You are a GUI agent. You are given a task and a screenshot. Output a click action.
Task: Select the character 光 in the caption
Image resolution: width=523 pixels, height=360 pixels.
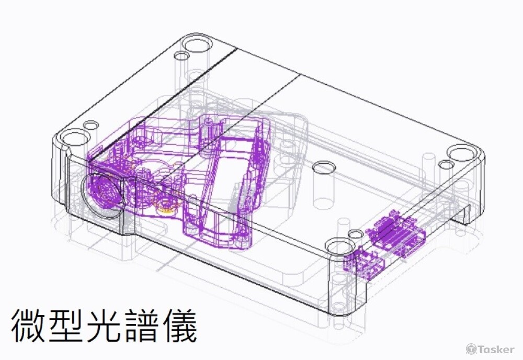(x=104, y=325)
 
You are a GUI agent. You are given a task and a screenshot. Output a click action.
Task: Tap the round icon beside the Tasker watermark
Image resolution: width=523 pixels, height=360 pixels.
(x=471, y=349)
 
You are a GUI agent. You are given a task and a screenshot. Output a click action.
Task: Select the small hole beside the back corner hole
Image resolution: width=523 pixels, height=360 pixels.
(x=181, y=55)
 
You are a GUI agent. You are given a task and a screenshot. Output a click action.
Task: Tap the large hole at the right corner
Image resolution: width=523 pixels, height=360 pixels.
(x=461, y=153)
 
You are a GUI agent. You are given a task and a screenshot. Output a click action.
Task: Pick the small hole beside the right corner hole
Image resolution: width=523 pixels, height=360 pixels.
(x=446, y=165)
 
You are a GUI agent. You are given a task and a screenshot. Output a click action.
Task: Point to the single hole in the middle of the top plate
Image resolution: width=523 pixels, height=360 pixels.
(x=324, y=167)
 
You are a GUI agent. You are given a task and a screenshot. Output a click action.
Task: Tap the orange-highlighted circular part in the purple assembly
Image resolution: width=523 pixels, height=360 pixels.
(x=166, y=204)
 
